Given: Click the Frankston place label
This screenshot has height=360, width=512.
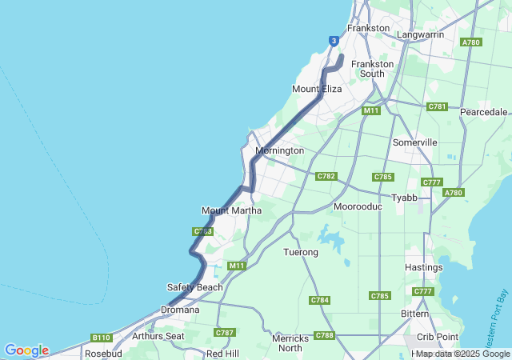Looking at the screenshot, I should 368,28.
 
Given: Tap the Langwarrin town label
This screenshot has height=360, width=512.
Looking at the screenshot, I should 420,35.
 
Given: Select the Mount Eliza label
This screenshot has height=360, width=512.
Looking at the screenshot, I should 317,89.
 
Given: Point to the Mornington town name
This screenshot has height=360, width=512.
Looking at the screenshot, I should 279,150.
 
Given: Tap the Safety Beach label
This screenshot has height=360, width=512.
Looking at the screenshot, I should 194,287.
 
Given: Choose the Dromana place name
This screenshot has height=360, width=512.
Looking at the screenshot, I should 180,309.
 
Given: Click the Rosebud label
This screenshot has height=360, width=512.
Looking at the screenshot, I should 102,353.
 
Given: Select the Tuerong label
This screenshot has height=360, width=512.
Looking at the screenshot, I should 301,252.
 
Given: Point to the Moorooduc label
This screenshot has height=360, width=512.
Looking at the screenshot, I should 358,206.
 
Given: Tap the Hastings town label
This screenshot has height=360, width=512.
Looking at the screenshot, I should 423,267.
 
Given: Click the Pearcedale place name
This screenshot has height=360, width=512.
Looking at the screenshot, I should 483,112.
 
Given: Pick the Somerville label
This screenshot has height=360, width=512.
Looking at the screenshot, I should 414,142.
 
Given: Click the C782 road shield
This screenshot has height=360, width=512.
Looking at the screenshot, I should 326,176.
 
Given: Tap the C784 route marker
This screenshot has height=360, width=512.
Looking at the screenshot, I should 318,300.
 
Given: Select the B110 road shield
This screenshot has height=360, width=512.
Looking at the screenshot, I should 101,338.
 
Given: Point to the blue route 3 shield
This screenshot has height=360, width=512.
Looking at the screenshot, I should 334,41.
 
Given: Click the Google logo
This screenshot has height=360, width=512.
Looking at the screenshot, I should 26,350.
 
